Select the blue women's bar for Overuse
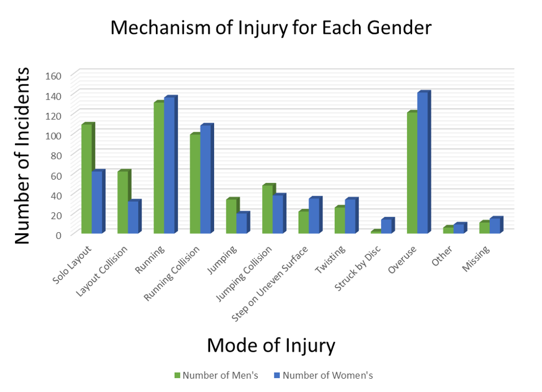click(x=423, y=163)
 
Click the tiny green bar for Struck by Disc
click(x=376, y=232)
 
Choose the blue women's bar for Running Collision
click(x=206, y=179)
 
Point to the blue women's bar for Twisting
click(x=351, y=216)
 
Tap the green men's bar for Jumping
click(x=231, y=216)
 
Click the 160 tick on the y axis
click(x=61, y=75)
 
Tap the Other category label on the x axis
click(x=443, y=257)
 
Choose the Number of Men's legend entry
click(x=216, y=375)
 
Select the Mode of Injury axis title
click(x=271, y=345)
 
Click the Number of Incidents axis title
click(x=22, y=155)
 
